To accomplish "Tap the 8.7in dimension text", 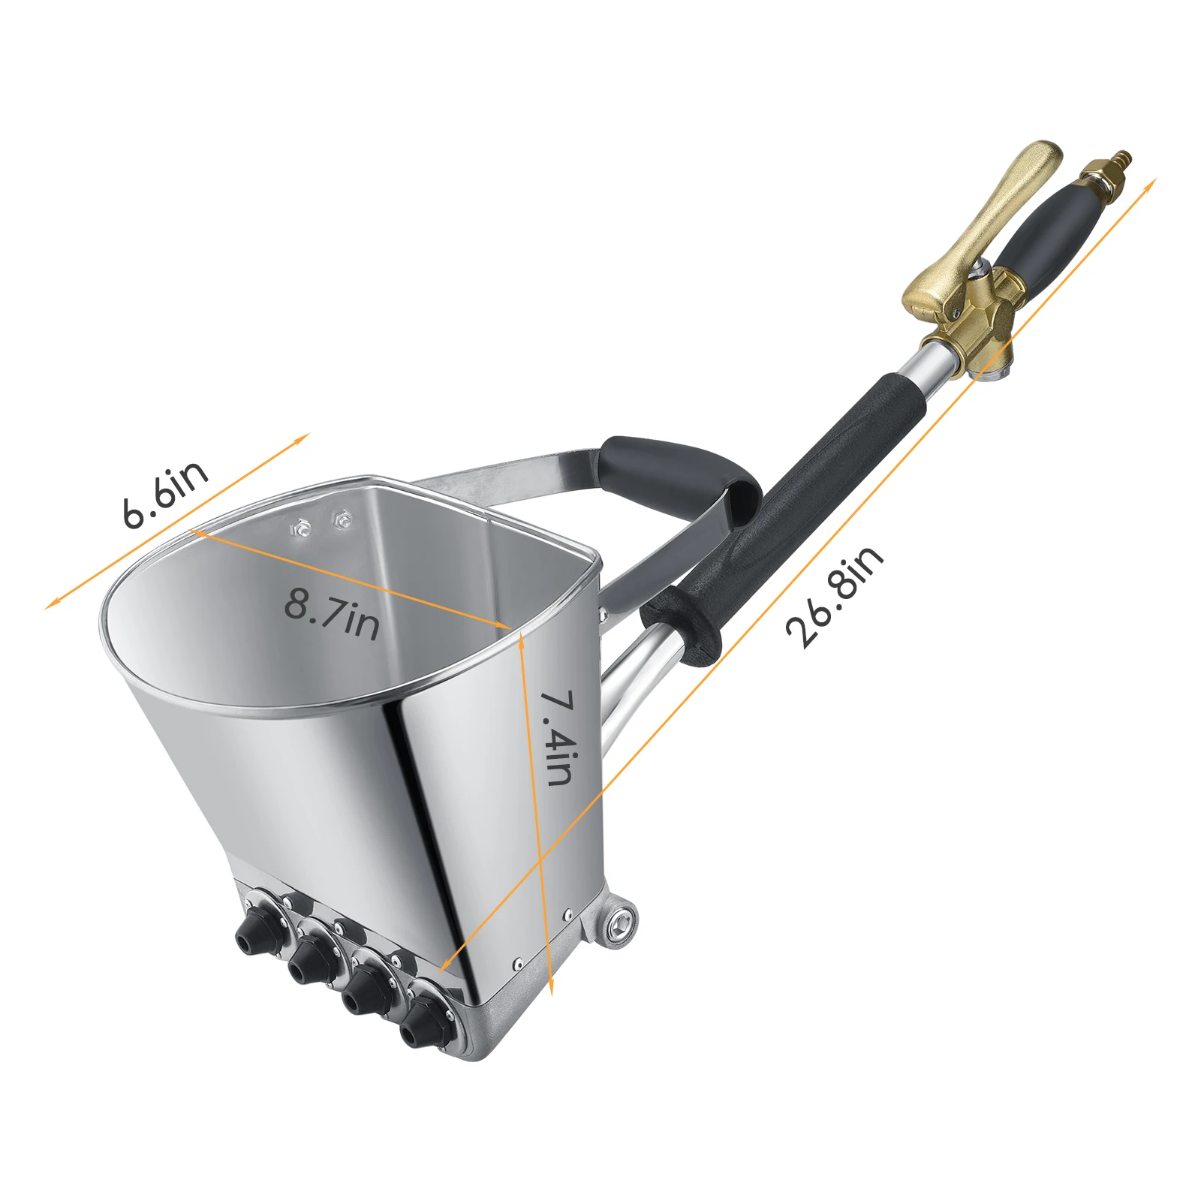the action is coord(333,613).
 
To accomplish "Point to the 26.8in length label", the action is coord(835,596).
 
